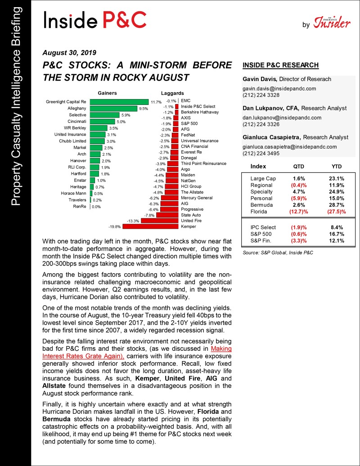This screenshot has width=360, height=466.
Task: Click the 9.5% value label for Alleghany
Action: (144, 109)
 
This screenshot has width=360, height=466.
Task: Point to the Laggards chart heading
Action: (172, 93)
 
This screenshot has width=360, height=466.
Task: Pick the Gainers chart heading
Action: (108, 93)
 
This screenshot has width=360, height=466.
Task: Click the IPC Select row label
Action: (263, 227)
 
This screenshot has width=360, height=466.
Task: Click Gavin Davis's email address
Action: (279, 89)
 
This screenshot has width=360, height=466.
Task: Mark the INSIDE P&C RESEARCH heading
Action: (280, 65)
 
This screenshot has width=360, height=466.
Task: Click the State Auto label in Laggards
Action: (191, 215)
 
